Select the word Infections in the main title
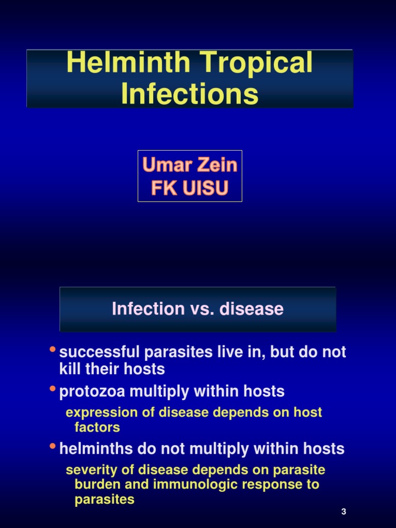pyautogui.click(x=190, y=94)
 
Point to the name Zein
pyautogui.click(x=216, y=165)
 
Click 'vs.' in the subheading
pyautogui.click(x=203, y=309)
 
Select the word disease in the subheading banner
pyautogui.click(x=252, y=309)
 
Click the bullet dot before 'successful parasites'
pyautogui.click(x=52, y=350)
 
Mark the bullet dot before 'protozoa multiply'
pyautogui.click(x=52, y=389)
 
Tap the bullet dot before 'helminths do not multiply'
pyautogui.click(x=52, y=446)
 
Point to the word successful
pyautogui.click(x=100, y=352)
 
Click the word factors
pyautogui.click(x=97, y=427)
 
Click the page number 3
pyautogui.click(x=343, y=511)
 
